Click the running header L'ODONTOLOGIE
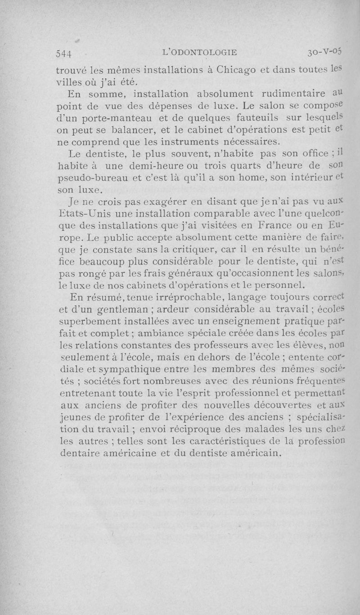(x=199, y=52)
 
